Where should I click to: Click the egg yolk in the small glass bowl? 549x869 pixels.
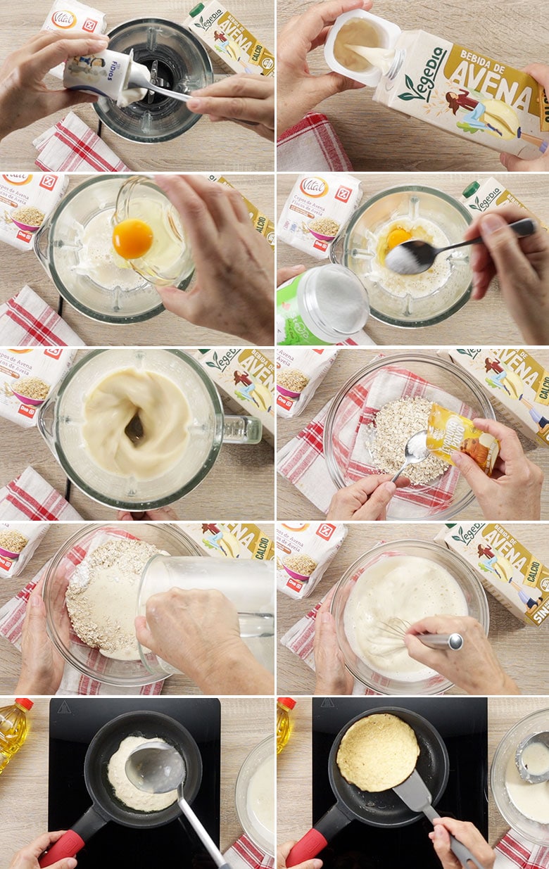click(x=132, y=239)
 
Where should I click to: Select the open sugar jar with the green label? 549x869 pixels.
click(x=322, y=304)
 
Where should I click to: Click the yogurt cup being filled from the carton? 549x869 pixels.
click(x=358, y=44)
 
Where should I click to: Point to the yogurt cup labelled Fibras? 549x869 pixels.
click(x=99, y=72)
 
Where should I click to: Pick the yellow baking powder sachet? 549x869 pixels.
click(x=462, y=439)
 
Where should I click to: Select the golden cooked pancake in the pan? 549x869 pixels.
click(x=377, y=751)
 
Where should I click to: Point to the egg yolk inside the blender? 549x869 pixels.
click(x=398, y=238)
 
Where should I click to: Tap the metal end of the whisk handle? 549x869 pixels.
click(x=454, y=641)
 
